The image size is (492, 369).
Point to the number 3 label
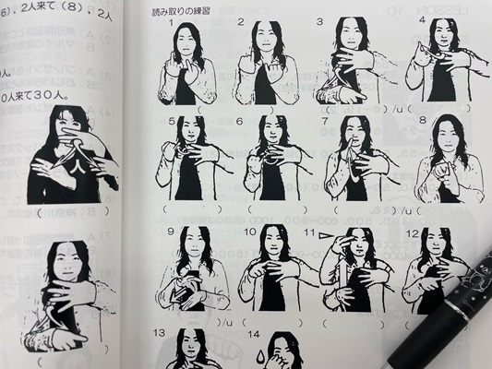[x=319, y=21]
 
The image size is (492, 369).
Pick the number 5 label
[x=172, y=122]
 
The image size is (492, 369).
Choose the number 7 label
[x=324, y=121]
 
